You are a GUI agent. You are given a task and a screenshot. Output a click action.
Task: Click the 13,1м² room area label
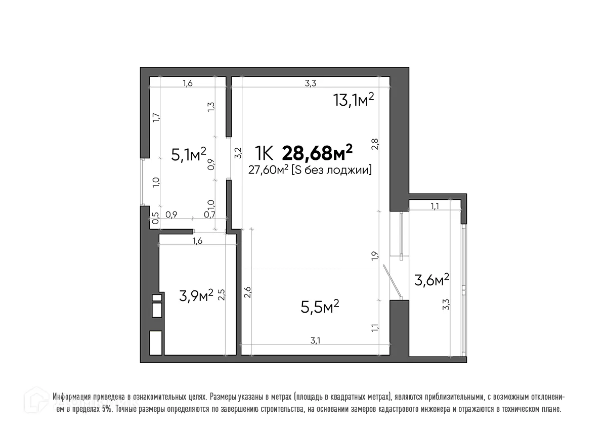(353, 100)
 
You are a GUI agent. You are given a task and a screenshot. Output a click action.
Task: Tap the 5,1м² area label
(188, 154)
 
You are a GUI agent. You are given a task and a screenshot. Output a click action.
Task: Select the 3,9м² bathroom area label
(197, 295)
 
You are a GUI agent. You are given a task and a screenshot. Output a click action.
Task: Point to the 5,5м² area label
(319, 307)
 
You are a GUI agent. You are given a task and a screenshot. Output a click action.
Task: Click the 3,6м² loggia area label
(431, 279)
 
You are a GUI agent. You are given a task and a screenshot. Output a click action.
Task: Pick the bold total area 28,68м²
(317, 152)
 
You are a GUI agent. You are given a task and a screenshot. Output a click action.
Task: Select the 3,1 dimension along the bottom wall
(315, 340)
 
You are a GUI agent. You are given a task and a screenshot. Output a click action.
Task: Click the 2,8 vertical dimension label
(375, 144)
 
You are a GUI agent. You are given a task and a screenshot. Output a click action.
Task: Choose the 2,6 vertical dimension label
(248, 292)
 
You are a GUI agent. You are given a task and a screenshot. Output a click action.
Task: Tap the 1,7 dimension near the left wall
(156, 117)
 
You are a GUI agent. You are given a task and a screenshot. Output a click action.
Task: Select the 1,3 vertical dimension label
(211, 107)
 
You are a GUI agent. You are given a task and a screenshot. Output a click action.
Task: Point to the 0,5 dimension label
(156, 216)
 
